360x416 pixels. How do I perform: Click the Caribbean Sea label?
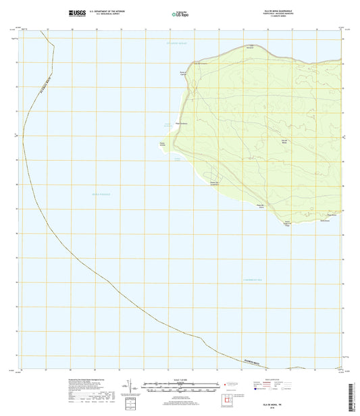tap(276, 280)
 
